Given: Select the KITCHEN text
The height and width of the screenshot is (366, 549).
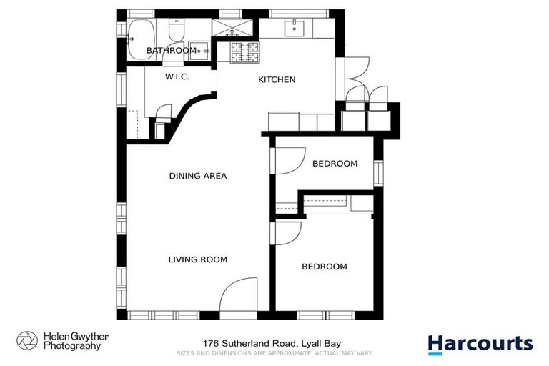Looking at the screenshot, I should click(277, 79).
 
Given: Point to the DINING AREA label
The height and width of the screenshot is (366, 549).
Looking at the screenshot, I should click(198, 176).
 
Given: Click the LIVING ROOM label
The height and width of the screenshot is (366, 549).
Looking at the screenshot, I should click(198, 259).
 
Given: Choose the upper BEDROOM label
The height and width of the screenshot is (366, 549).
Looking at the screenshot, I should click(335, 164).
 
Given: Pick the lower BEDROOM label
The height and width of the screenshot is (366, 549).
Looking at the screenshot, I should click(324, 267).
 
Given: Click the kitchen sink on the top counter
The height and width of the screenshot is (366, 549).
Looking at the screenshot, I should click(295, 29).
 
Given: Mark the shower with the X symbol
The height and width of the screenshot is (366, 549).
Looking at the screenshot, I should click(232, 29).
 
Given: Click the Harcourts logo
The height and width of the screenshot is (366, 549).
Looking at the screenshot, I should click(480, 343).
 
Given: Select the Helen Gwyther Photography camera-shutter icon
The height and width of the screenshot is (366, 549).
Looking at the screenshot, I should click(27, 340).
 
